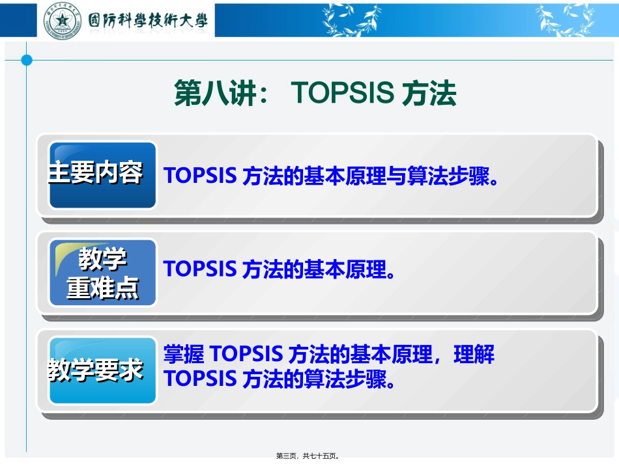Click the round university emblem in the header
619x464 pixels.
[63, 20]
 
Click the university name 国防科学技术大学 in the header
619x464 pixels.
[148, 20]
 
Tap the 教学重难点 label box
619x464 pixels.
[103, 273]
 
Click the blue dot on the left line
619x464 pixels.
[27, 61]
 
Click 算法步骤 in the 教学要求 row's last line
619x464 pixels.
[345, 378]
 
